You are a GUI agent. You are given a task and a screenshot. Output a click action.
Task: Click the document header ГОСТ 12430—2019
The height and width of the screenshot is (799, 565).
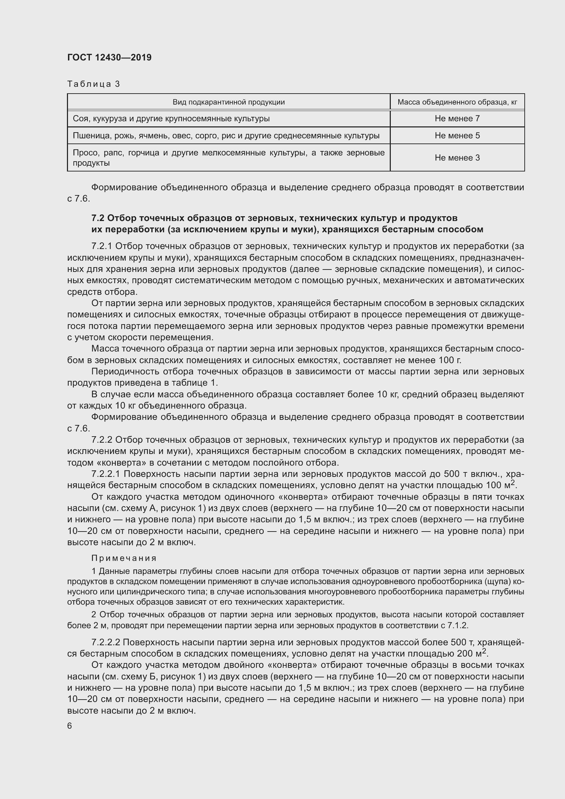click(x=109, y=57)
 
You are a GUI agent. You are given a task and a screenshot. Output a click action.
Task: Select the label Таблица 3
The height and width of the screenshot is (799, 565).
click(x=94, y=84)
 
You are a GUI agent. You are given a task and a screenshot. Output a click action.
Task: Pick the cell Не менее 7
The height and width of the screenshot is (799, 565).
click(x=457, y=119)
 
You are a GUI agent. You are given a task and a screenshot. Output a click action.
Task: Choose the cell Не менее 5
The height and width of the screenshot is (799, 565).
click(x=457, y=136)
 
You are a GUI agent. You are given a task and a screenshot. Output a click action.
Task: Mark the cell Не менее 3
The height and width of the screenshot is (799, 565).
click(x=457, y=157)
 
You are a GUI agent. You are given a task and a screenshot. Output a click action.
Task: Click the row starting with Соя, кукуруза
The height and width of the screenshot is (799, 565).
click(x=171, y=119)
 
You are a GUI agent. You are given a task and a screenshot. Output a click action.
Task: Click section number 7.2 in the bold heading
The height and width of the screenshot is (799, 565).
click(x=98, y=218)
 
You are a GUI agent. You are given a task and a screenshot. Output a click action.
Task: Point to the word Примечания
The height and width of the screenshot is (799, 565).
click(x=124, y=559)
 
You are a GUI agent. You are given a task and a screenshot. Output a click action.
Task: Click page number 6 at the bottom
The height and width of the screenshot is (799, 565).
click(x=70, y=726)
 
